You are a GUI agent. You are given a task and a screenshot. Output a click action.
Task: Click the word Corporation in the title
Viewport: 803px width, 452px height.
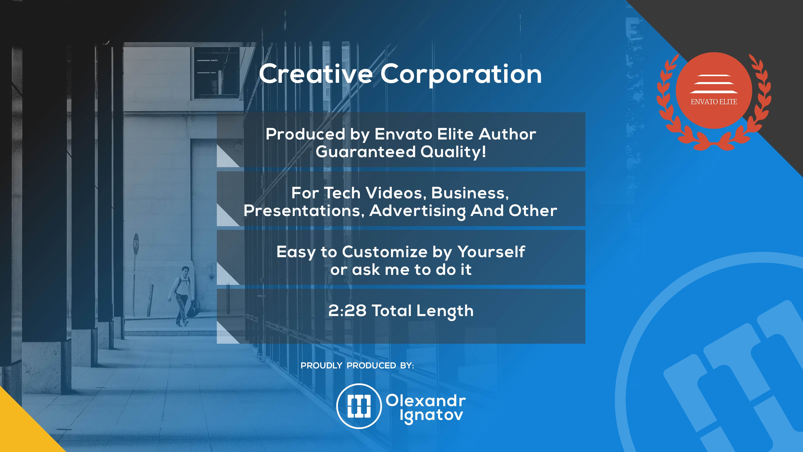(461, 75)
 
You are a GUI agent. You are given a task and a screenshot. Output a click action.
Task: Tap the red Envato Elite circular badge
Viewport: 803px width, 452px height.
(714, 90)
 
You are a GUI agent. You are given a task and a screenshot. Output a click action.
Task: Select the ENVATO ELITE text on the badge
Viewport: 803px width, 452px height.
(714, 102)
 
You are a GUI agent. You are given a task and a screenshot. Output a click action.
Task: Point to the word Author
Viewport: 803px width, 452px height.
(507, 134)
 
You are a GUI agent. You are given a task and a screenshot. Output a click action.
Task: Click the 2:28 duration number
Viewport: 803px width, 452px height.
(347, 311)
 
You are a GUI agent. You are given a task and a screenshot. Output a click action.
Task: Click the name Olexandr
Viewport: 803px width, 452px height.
(426, 401)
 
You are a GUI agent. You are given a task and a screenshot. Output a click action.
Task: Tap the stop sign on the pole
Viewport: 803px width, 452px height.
(136, 243)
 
